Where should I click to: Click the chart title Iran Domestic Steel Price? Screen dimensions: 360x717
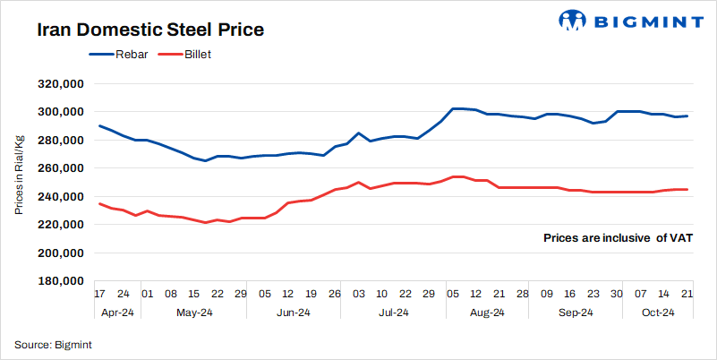pos(149,30)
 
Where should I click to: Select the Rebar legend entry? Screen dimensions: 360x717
pos(121,55)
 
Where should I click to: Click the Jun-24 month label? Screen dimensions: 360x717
pos(292,313)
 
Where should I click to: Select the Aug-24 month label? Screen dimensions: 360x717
pos(487,313)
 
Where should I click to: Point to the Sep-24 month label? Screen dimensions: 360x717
pos(575,313)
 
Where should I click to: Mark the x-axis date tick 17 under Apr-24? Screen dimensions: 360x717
pos(100,293)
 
